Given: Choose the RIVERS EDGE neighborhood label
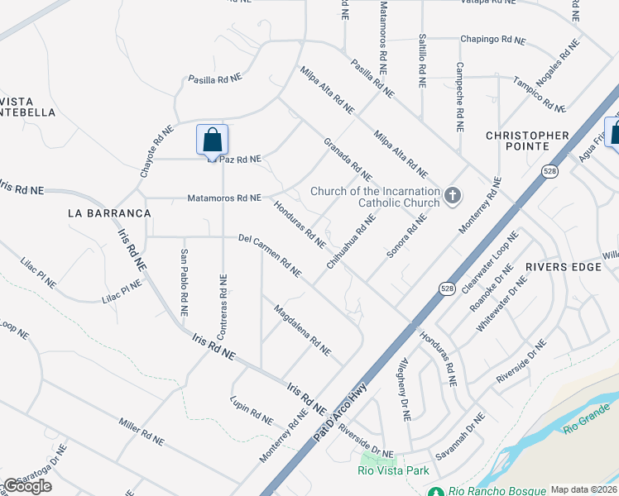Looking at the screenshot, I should pos(563,267).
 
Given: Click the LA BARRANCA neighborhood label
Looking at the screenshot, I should pos(109,213).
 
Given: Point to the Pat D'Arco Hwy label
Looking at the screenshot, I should pos(342,409).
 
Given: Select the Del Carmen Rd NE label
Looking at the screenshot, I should pos(269,255).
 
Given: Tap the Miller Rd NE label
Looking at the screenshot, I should pos(138,430).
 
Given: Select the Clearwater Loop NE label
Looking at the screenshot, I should pos(491,263).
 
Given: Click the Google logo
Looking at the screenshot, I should pos(27,486).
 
